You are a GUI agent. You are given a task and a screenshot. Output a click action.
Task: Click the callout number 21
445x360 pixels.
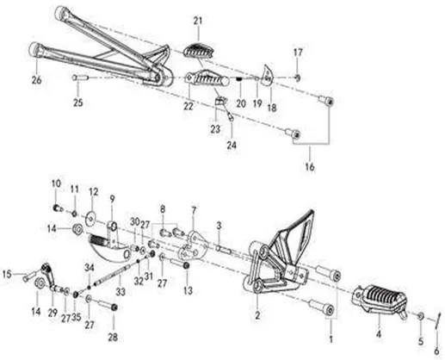[198, 21]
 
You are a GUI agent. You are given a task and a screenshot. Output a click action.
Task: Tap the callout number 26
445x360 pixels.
[37, 80]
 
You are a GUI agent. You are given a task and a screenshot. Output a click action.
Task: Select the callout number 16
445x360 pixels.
[310, 166]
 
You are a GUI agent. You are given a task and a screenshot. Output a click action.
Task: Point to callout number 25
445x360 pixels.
[78, 102]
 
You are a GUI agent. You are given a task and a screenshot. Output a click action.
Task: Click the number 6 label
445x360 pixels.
[436, 351]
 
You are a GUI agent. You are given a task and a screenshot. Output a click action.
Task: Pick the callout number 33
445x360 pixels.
[121, 292]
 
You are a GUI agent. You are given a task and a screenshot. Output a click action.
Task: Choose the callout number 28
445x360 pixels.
[113, 337]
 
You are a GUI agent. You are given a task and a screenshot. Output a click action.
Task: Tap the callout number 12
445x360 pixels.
[94, 192]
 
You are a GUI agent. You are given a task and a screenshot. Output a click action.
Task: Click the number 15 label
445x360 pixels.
[7, 274]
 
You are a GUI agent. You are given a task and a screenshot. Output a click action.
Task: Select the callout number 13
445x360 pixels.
[188, 290]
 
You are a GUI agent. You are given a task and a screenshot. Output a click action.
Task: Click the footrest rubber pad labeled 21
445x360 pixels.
[198, 51]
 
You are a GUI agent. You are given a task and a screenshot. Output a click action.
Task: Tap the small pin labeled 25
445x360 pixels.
[79, 78]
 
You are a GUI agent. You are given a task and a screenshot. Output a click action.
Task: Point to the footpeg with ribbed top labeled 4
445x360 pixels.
[380, 301]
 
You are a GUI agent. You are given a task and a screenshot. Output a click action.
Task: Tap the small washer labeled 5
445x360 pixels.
[420, 315]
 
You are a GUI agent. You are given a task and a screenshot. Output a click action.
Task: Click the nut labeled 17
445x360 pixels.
[298, 78]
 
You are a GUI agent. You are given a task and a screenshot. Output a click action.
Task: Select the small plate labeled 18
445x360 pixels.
[268, 76]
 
